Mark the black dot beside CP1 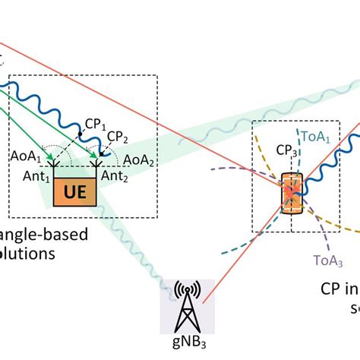point(80,134)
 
